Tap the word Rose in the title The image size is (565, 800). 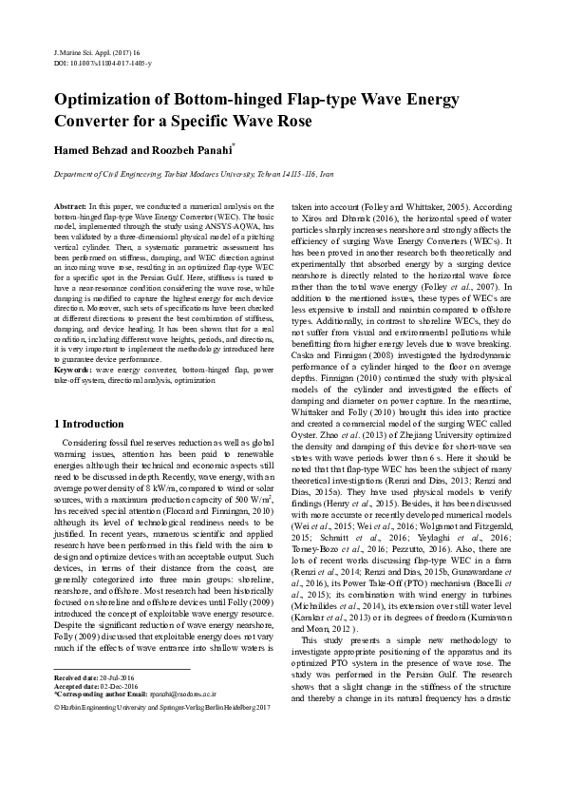(x=289, y=123)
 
